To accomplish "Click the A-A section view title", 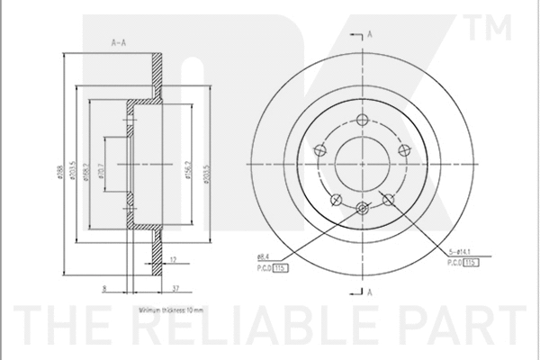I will [x=116, y=42].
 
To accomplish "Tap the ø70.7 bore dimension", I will [x=100, y=166].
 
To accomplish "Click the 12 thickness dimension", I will [x=174, y=260].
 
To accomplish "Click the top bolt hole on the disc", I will [x=363, y=121].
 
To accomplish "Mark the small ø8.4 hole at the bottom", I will [x=363, y=209].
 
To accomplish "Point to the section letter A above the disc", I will [x=371, y=34].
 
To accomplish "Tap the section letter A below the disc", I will [x=371, y=292].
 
